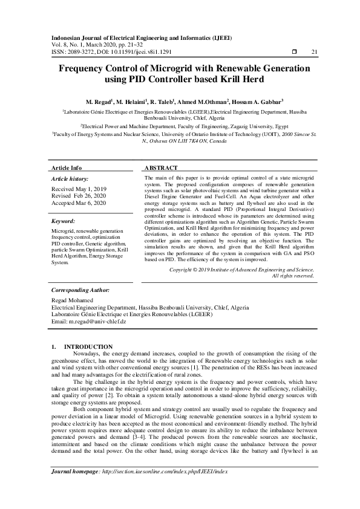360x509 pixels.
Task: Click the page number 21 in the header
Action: coord(314,52)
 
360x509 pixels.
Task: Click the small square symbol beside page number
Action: coord(293,52)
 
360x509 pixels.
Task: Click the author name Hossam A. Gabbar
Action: coord(258,102)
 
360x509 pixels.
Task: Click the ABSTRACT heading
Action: coord(161,167)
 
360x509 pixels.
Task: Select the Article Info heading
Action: coord(67,167)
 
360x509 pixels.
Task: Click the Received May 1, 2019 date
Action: coord(79,189)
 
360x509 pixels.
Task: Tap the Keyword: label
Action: coord(64,221)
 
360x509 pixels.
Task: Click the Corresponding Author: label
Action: coord(80,290)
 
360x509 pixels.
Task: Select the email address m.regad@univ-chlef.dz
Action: coord(97,322)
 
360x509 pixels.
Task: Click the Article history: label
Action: coord(70,179)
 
